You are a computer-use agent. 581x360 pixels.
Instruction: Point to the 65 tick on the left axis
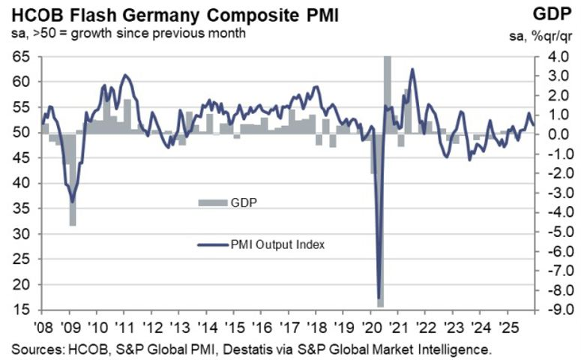pyautogui.click(x=20, y=56)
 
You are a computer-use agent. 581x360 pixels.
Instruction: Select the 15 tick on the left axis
pyautogui.click(x=20, y=310)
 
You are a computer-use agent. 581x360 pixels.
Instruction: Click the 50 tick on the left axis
pyautogui.click(x=20, y=133)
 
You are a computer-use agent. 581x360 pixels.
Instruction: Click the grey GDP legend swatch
pyautogui.click(x=212, y=202)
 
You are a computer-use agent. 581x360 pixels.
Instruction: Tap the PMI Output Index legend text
pyautogui.click(x=278, y=244)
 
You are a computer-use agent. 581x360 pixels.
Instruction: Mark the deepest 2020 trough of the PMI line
pyautogui.click(x=379, y=298)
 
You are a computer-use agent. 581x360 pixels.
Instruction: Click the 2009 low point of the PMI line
pyautogui.click(x=72, y=201)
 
